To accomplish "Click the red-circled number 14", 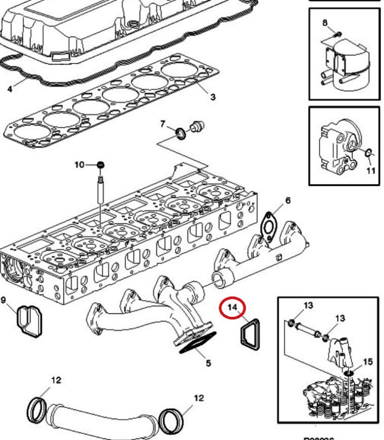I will click(x=233, y=307).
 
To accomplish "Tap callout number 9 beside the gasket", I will click(x=4, y=301).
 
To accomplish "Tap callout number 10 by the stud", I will click(x=78, y=164).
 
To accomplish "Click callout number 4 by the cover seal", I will click(x=9, y=91).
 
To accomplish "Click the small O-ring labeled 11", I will click(x=368, y=152).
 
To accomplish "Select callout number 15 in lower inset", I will click(x=367, y=361).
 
